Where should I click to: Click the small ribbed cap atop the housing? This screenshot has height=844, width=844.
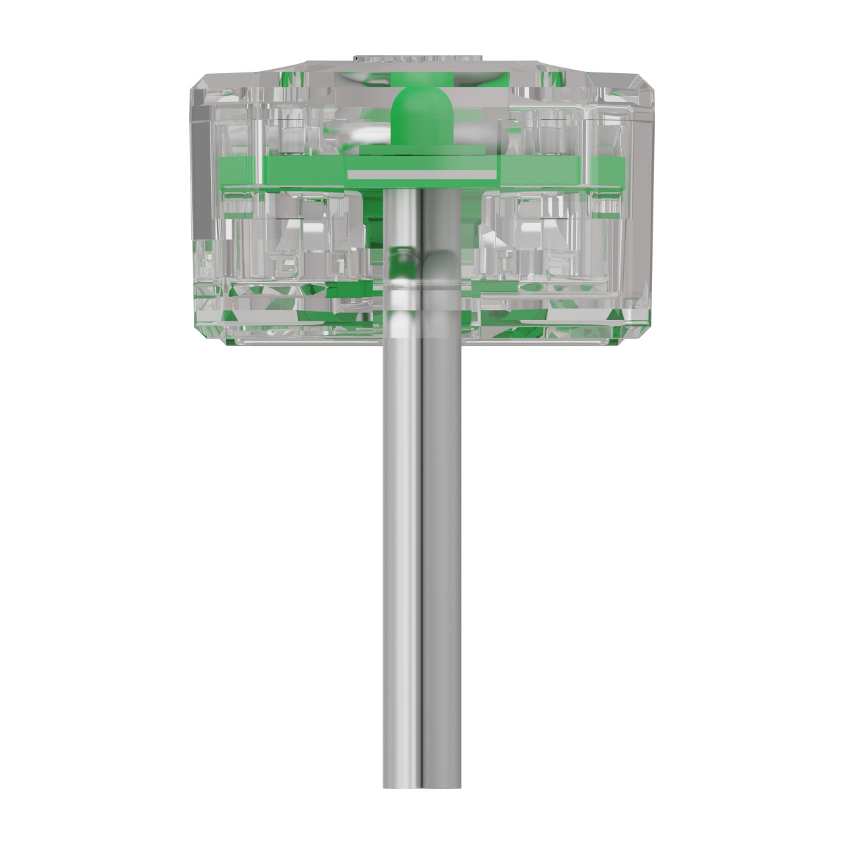[x=421, y=56]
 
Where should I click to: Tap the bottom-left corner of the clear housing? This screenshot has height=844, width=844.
[x=229, y=341]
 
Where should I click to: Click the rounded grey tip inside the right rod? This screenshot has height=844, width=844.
[x=440, y=264]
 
